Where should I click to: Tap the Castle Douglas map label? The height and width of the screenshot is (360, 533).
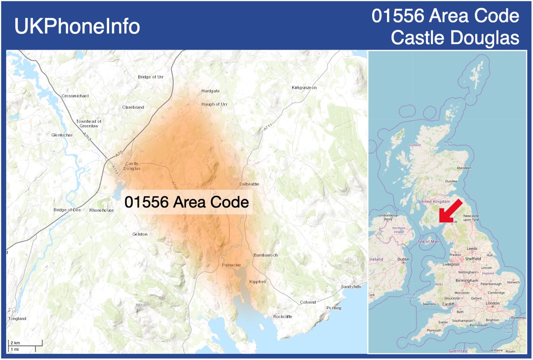pyautogui.click(x=132, y=166)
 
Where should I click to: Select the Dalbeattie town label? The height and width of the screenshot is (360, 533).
pyautogui.click(x=249, y=184)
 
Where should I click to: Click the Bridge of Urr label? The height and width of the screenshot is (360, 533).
pyautogui.click(x=151, y=77)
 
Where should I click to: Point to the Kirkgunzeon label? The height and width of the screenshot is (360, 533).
pyautogui.click(x=304, y=88)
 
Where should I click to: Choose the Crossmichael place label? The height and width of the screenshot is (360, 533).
pyautogui.click(x=75, y=96)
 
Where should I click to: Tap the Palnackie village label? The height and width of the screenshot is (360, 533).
pyautogui.click(x=231, y=265)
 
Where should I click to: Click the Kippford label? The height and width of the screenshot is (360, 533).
pyautogui.click(x=257, y=282)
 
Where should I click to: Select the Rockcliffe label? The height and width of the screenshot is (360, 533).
pyautogui.click(x=282, y=316)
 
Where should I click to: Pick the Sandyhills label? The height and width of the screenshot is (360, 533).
pyautogui.click(x=351, y=286)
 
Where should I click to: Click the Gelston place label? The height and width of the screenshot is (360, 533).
pyautogui.click(x=139, y=234)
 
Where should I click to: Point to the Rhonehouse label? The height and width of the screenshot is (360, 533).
pyautogui.click(x=101, y=210)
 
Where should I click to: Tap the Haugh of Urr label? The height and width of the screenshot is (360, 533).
pyautogui.click(x=214, y=104)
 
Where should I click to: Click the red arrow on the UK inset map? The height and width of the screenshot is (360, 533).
pyautogui.click(x=450, y=211)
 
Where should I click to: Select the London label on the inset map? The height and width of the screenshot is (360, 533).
pyautogui.click(x=492, y=303)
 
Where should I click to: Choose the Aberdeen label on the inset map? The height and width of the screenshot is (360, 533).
pyautogui.click(x=464, y=168)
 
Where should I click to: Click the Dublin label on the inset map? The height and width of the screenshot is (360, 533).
pyautogui.click(x=403, y=260)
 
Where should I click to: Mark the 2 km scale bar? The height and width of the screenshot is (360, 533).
pyautogui.click(x=24, y=345)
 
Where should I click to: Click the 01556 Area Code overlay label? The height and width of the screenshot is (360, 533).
pyautogui.click(x=187, y=202)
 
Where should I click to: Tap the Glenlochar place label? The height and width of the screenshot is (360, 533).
pyautogui.click(x=62, y=135)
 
